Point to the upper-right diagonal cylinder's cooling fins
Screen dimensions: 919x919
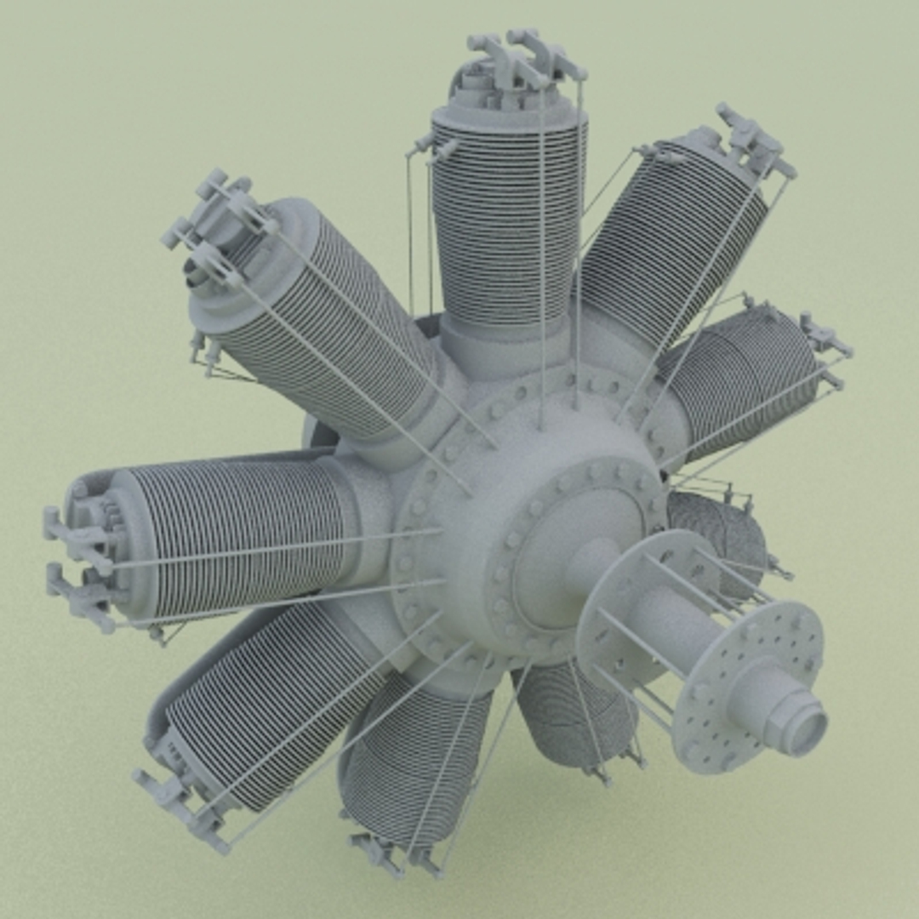coord(672,238)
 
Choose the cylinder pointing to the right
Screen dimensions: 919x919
coord(749,374)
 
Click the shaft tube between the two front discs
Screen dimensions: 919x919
coord(672,625)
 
